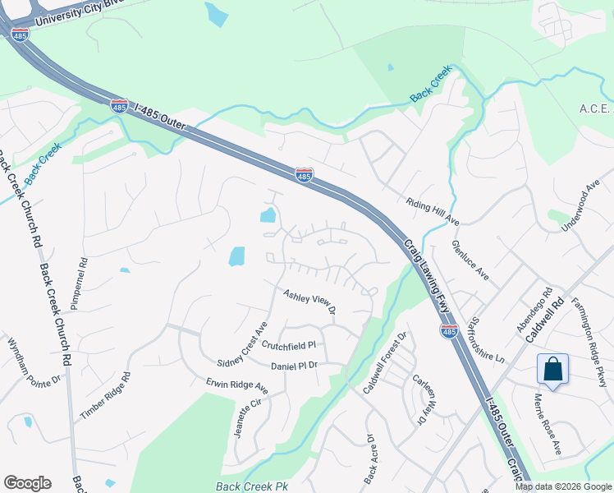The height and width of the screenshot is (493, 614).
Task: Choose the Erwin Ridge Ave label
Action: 237,385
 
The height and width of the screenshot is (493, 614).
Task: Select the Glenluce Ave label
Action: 470,260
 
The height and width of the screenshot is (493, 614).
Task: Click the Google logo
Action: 27,483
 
